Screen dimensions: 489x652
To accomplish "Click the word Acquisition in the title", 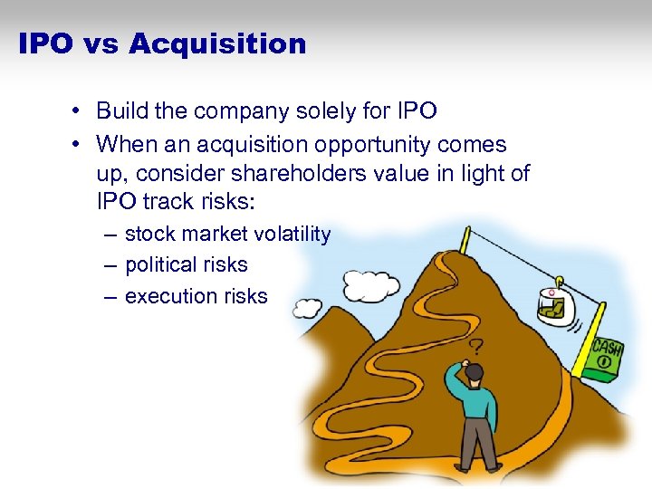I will [x=218, y=43].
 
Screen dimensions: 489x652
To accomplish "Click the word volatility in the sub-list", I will [x=292, y=235].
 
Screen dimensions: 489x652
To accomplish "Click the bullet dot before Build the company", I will [x=80, y=111].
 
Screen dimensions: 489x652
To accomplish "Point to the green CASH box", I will [x=605, y=357].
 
